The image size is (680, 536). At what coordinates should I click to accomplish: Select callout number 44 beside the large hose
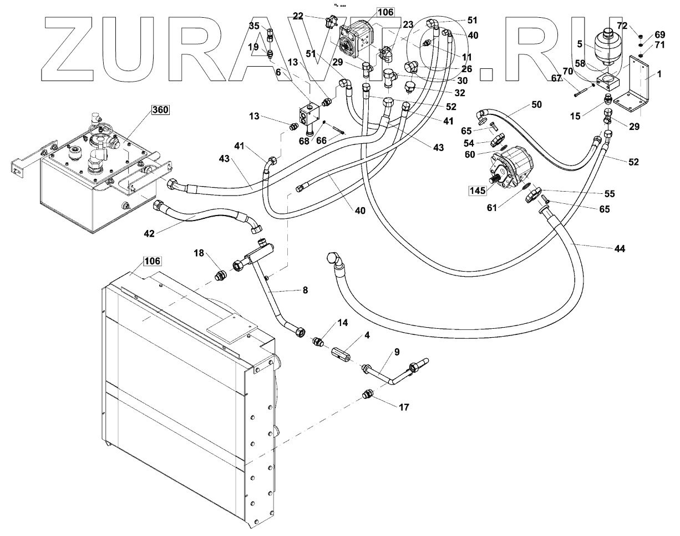point(620,249)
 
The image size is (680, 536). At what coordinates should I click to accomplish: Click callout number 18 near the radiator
point(199,253)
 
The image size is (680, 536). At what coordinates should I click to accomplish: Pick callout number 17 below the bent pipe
point(404,407)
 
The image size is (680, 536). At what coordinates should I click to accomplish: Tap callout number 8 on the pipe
point(305,290)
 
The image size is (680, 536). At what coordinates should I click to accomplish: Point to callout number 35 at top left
point(253,26)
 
